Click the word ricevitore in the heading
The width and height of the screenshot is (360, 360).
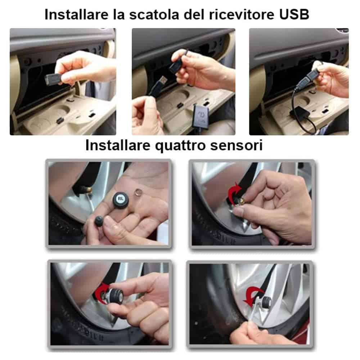(x=237, y=15)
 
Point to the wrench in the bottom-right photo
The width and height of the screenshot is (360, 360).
(x=252, y=317)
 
